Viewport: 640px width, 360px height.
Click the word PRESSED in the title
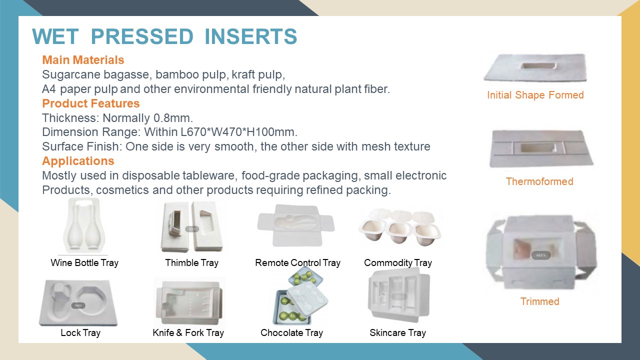(142, 36)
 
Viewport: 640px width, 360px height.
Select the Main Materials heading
(83, 60)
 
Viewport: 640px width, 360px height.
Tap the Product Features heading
(91, 103)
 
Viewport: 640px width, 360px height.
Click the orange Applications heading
(78, 161)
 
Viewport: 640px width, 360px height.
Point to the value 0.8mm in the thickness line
(173, 118)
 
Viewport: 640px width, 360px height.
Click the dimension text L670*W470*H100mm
(239, 132)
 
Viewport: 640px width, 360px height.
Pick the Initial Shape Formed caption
(535, 95)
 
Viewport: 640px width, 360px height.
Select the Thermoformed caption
(539, 181)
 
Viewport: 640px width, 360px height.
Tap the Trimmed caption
(539, 301)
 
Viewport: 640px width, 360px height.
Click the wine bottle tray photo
(84, 225)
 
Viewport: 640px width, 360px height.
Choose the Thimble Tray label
(191, 262)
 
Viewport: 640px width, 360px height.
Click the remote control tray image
(295, 225)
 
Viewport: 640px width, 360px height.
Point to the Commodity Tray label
(397, 262)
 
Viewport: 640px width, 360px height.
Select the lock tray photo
(78, 303)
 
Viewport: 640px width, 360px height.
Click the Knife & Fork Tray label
(188, 332)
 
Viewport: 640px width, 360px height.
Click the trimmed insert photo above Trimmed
(541, 252)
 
